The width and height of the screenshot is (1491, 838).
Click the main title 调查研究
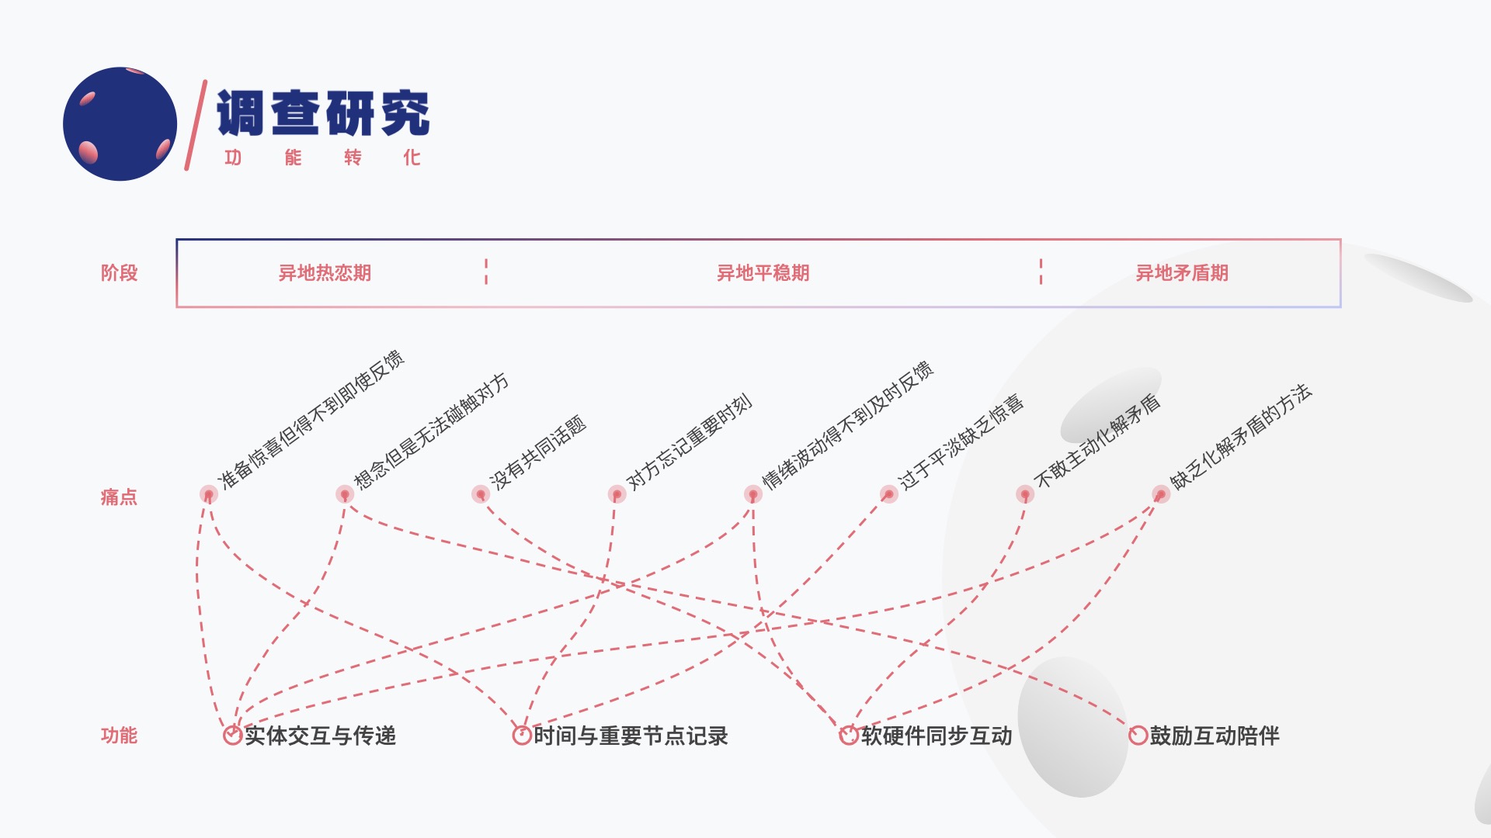click(322, 113)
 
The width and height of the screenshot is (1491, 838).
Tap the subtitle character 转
click(353, 158)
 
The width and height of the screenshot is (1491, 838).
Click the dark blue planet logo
click(120, 124)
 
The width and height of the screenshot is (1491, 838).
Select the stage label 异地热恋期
click(325, 273)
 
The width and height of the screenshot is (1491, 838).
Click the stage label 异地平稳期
click(763, 273)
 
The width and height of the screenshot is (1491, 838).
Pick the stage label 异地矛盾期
click(1182, 273)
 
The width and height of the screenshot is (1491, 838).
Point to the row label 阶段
click(119, 273)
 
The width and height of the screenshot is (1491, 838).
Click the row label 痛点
click(119, 497)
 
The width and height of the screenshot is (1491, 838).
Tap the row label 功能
click(119, 736)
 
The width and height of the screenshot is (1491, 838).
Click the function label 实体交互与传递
click(320, 736)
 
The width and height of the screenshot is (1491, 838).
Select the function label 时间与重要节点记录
click(631, 736)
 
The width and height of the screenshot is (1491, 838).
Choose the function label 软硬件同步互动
click(937, 736)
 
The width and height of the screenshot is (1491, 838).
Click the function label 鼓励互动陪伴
click(1215, 736)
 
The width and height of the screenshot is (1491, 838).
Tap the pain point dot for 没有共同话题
click(481, 494)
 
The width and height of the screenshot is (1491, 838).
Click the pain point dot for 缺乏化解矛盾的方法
click(1161, 494)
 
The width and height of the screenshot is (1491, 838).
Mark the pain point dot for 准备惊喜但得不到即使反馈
click(208, 494)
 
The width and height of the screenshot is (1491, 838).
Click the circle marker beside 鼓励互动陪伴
click(1138, 736)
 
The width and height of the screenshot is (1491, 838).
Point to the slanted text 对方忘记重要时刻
click(689, 442)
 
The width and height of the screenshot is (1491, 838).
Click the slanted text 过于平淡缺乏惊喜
click(961, 442)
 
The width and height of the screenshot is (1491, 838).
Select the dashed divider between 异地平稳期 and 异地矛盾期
click(1041, 272)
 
